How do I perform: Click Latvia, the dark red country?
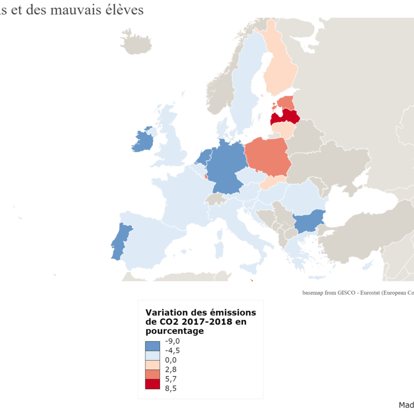(x=285, y=117)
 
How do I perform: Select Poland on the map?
(x=266, y=155)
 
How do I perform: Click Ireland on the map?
(x=143, y=140)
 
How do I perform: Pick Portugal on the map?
(x=120, y=241)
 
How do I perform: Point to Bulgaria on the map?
(x=308, y=223)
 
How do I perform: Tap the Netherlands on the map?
(x=204, y=156)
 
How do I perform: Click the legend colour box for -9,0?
(x=153, y=346)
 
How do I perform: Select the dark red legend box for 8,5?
(x=153, y=385)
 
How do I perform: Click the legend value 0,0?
(x=171, y=360)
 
